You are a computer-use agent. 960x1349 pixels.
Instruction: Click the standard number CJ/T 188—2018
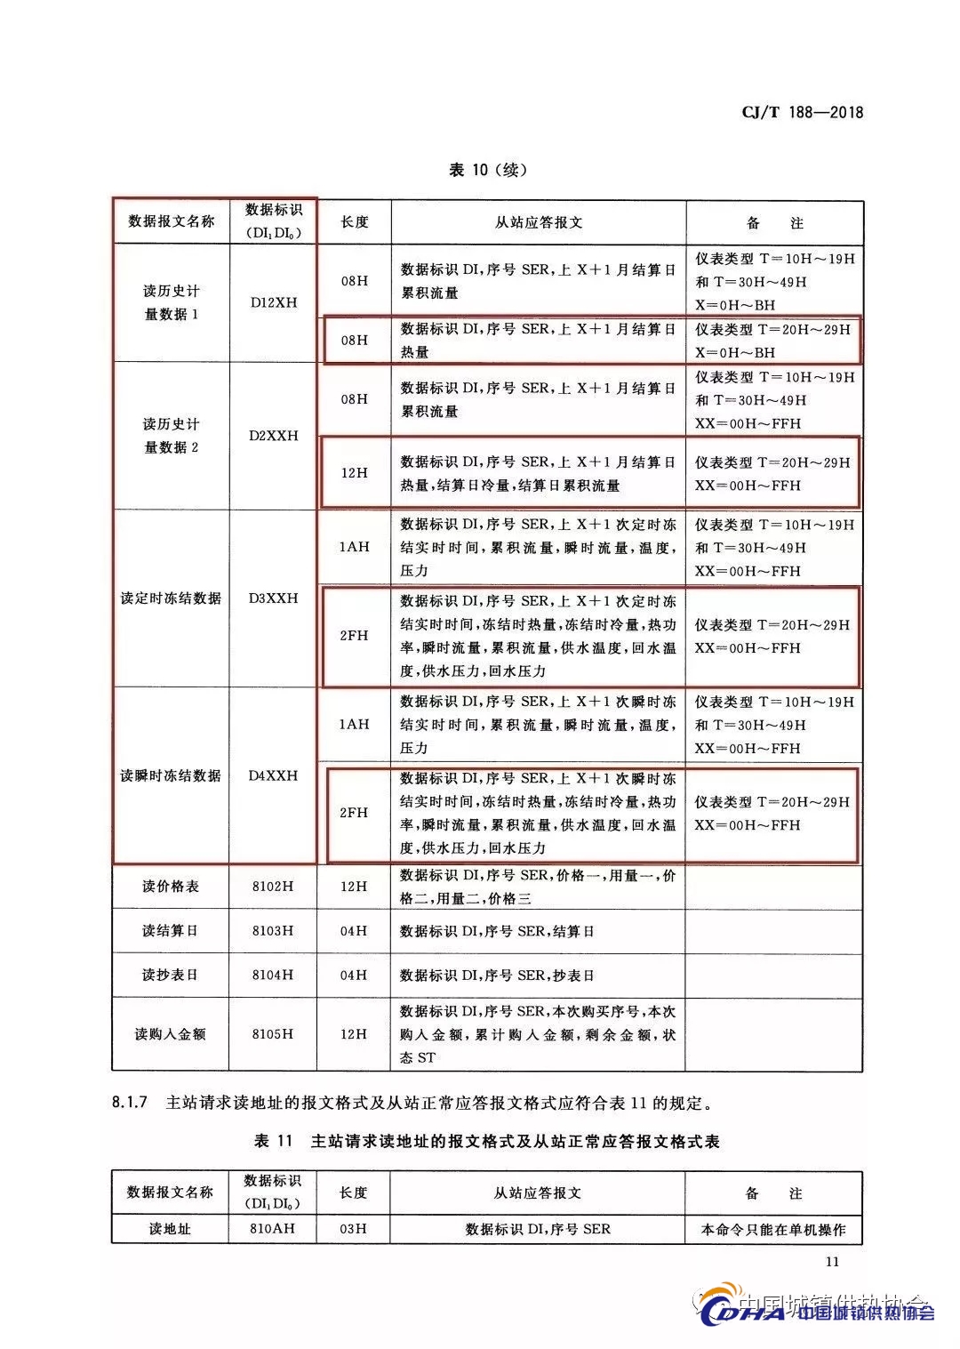[x=802, y=112]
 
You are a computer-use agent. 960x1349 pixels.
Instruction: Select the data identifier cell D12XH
[x=273, y=302]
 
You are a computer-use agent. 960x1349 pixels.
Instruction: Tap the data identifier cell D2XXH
[x=273, y=436]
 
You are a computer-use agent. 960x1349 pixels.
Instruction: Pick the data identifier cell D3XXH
[x=273, y=598]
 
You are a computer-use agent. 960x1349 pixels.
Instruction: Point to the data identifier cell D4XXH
[x=273, y=775]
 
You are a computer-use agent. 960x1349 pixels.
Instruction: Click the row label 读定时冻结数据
[x=171, y=598]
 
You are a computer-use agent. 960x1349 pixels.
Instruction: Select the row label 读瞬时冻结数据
[x=171, y=775]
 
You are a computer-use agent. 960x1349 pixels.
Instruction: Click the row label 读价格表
[x=171, y=887]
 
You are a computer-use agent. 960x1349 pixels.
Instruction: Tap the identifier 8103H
[x=273, y=931]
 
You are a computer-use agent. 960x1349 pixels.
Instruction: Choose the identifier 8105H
[x=273, y=1034]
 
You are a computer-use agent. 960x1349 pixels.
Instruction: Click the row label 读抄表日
[x=171, y=975]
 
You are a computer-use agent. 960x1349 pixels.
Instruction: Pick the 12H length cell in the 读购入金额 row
[x=354, y=1034]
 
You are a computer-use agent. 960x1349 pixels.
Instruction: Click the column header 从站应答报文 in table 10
[x=539, y=222]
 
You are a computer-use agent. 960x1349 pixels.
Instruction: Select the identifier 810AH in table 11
[x=273, y=1229]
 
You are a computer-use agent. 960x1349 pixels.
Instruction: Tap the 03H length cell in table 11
[x=354, y=1229]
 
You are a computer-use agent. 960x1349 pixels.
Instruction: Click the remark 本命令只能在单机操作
[x=773, y=1230]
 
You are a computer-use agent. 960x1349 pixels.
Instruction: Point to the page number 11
[x=832, y=1261]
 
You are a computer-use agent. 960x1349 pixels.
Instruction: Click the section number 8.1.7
[x=129, y=1104]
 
